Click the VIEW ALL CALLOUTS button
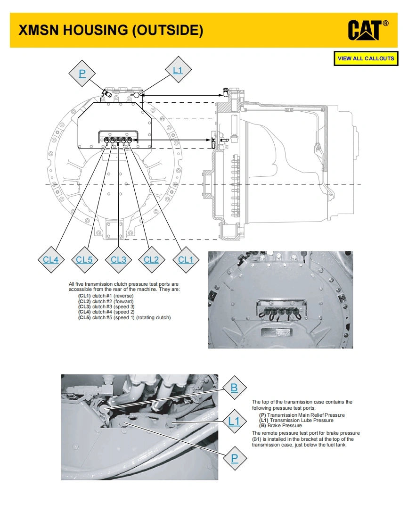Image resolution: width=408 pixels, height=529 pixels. [x=366, y=58]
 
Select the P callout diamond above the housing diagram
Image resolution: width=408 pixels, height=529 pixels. [x=82, y=74]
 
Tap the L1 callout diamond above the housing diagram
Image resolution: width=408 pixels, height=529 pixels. [x=177, y=71]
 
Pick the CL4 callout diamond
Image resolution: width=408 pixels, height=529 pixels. [x=50, y=259]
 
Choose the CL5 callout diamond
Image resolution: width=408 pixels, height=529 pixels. [x=84, y=259]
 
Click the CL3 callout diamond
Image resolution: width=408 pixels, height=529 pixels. [x=118, y=259]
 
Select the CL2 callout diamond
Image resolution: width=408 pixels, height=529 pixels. [x=151, y=259]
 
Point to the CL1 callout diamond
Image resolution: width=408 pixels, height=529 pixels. [x=186, y=259]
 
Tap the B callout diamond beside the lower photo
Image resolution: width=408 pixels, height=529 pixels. [x=234, y=388]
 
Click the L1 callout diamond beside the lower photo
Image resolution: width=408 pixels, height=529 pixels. [x=234, y=421]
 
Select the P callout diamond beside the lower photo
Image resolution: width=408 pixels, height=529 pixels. [x=234, y=457]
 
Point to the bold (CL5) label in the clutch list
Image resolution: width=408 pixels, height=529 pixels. [x=84, y=317]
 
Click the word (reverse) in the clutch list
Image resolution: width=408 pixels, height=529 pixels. [x=123, y=296]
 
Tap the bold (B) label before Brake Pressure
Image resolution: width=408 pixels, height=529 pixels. [x=262, y=425]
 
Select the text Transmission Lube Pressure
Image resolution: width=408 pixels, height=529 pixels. [x=301, y=420]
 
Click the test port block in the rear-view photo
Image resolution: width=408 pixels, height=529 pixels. [x=279, y=309]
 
